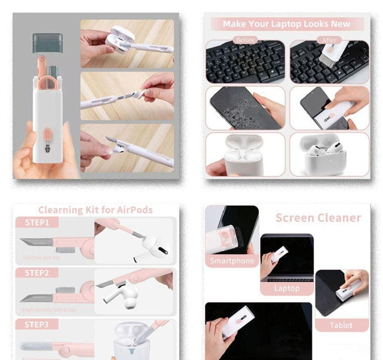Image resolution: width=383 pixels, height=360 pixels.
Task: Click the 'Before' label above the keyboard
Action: pyautogui.click(x=245, y=40)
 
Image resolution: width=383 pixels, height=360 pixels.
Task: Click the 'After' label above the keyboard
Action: pyautogui.click(x=329, y=40)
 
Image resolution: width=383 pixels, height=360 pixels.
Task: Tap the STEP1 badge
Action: pyautogui.click(x=37, y=223)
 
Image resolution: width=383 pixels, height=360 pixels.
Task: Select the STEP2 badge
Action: pyautogui.click(x=37, y=273)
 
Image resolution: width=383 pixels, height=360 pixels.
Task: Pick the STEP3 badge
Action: pyautogui.click(x=37, y=324)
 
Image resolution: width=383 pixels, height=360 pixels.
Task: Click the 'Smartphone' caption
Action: pyautogui.click(x=232, y=261)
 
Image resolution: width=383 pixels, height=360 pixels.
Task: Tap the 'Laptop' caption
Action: pyautogui.click(x=286, y=288)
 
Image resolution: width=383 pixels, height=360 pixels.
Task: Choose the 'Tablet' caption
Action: pyautogui.click(x=341, y=325)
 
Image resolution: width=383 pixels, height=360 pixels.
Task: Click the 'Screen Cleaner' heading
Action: pyautogui.click(x=318, y=218)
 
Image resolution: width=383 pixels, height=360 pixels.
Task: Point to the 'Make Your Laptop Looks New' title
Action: pyautogui.click(x=286, y=24)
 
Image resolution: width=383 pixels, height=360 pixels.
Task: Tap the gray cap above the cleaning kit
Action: pyautogui.click(x=47, y=42)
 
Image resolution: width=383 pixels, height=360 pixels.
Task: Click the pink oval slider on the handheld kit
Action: pyautogui.click(x=47, y=134)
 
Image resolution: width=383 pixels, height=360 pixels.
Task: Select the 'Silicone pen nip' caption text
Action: pyautogui.click(x=41, y=258)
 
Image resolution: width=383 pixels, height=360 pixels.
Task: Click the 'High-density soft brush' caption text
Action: pyautogui.click(x=49, y=310)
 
